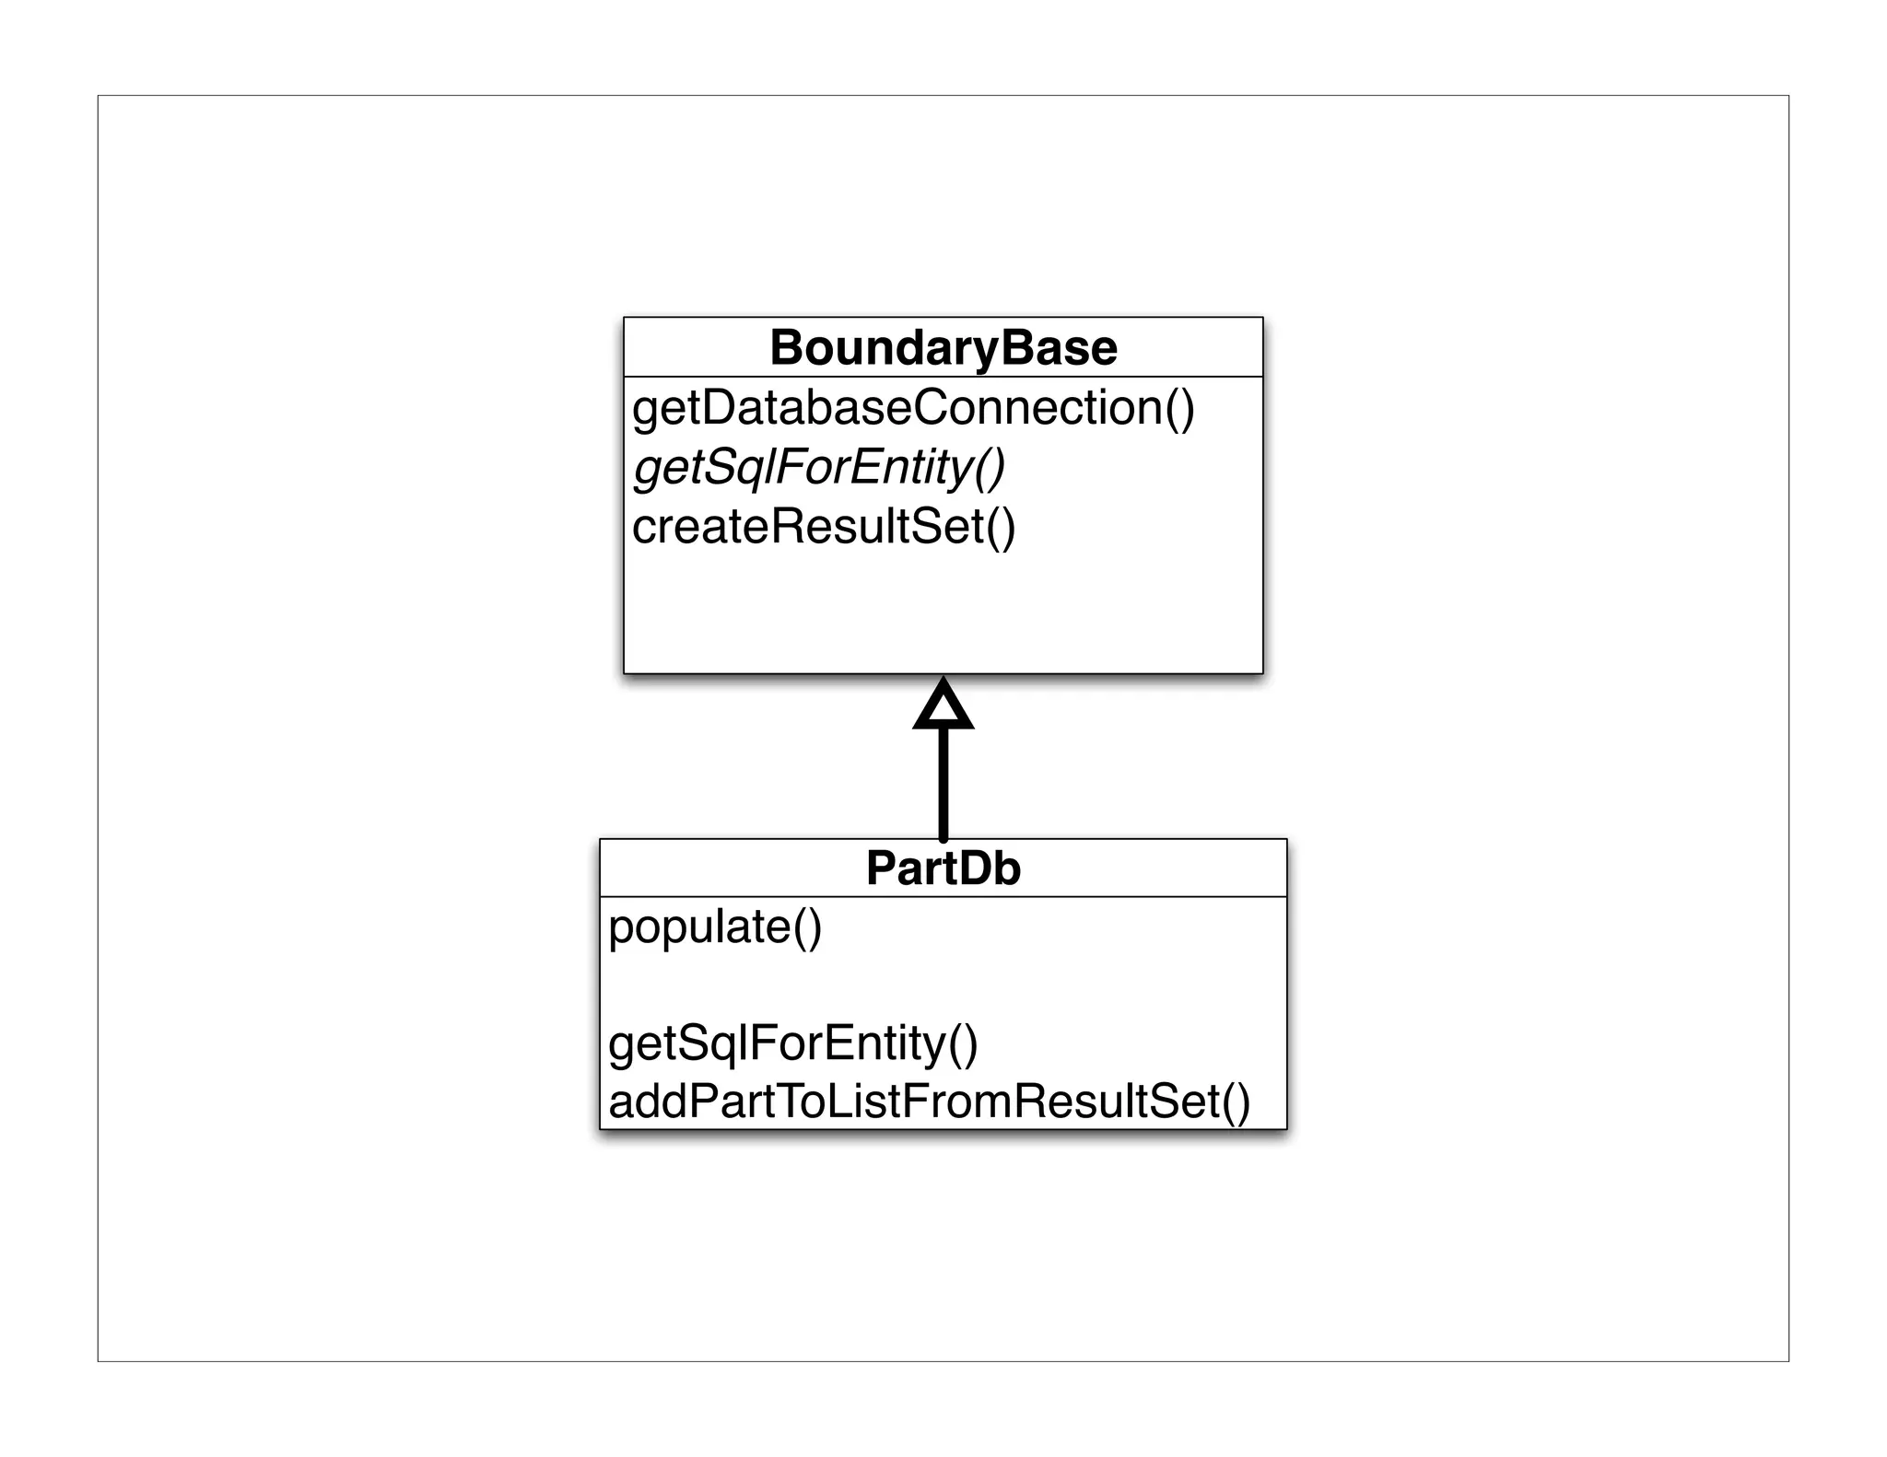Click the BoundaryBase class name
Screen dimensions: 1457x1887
[x=943, y=348]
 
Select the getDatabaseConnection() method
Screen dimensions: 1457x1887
[x=913, y=408]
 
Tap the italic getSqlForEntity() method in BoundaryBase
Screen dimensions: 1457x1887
[x=819, y=467]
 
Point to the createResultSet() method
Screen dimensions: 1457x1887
[x=824, y=527]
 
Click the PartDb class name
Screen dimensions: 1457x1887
[x=943, y=868]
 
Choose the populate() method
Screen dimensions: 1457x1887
[x=715, y=927]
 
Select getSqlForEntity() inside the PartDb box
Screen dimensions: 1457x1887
[x=793, y=1043]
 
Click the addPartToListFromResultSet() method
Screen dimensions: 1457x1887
[x=930, y=1101]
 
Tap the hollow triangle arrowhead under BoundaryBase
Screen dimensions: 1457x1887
[x=943, y=707]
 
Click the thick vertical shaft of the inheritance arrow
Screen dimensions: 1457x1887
[x=943, y=783]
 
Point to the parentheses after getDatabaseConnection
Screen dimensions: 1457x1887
[x=1180, y=408]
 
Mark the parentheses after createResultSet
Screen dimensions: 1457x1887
[x=1002, y=527]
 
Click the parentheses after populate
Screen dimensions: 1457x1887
[x=807, y=927]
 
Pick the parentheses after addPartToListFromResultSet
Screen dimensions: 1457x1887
[x=1237, y=1101]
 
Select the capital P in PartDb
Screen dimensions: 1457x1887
[x=883, y=868]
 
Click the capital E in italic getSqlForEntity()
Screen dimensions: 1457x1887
[x=866, y=467]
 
